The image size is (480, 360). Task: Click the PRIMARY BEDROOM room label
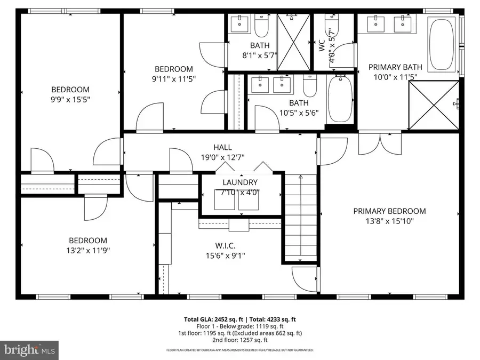389,211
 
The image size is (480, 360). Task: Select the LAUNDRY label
240,183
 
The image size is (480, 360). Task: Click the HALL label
222,147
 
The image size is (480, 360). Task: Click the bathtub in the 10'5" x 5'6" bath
338,99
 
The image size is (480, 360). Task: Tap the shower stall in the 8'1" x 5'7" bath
293,42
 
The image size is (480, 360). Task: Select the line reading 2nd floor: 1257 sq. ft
240,340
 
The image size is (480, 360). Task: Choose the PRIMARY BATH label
396,67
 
